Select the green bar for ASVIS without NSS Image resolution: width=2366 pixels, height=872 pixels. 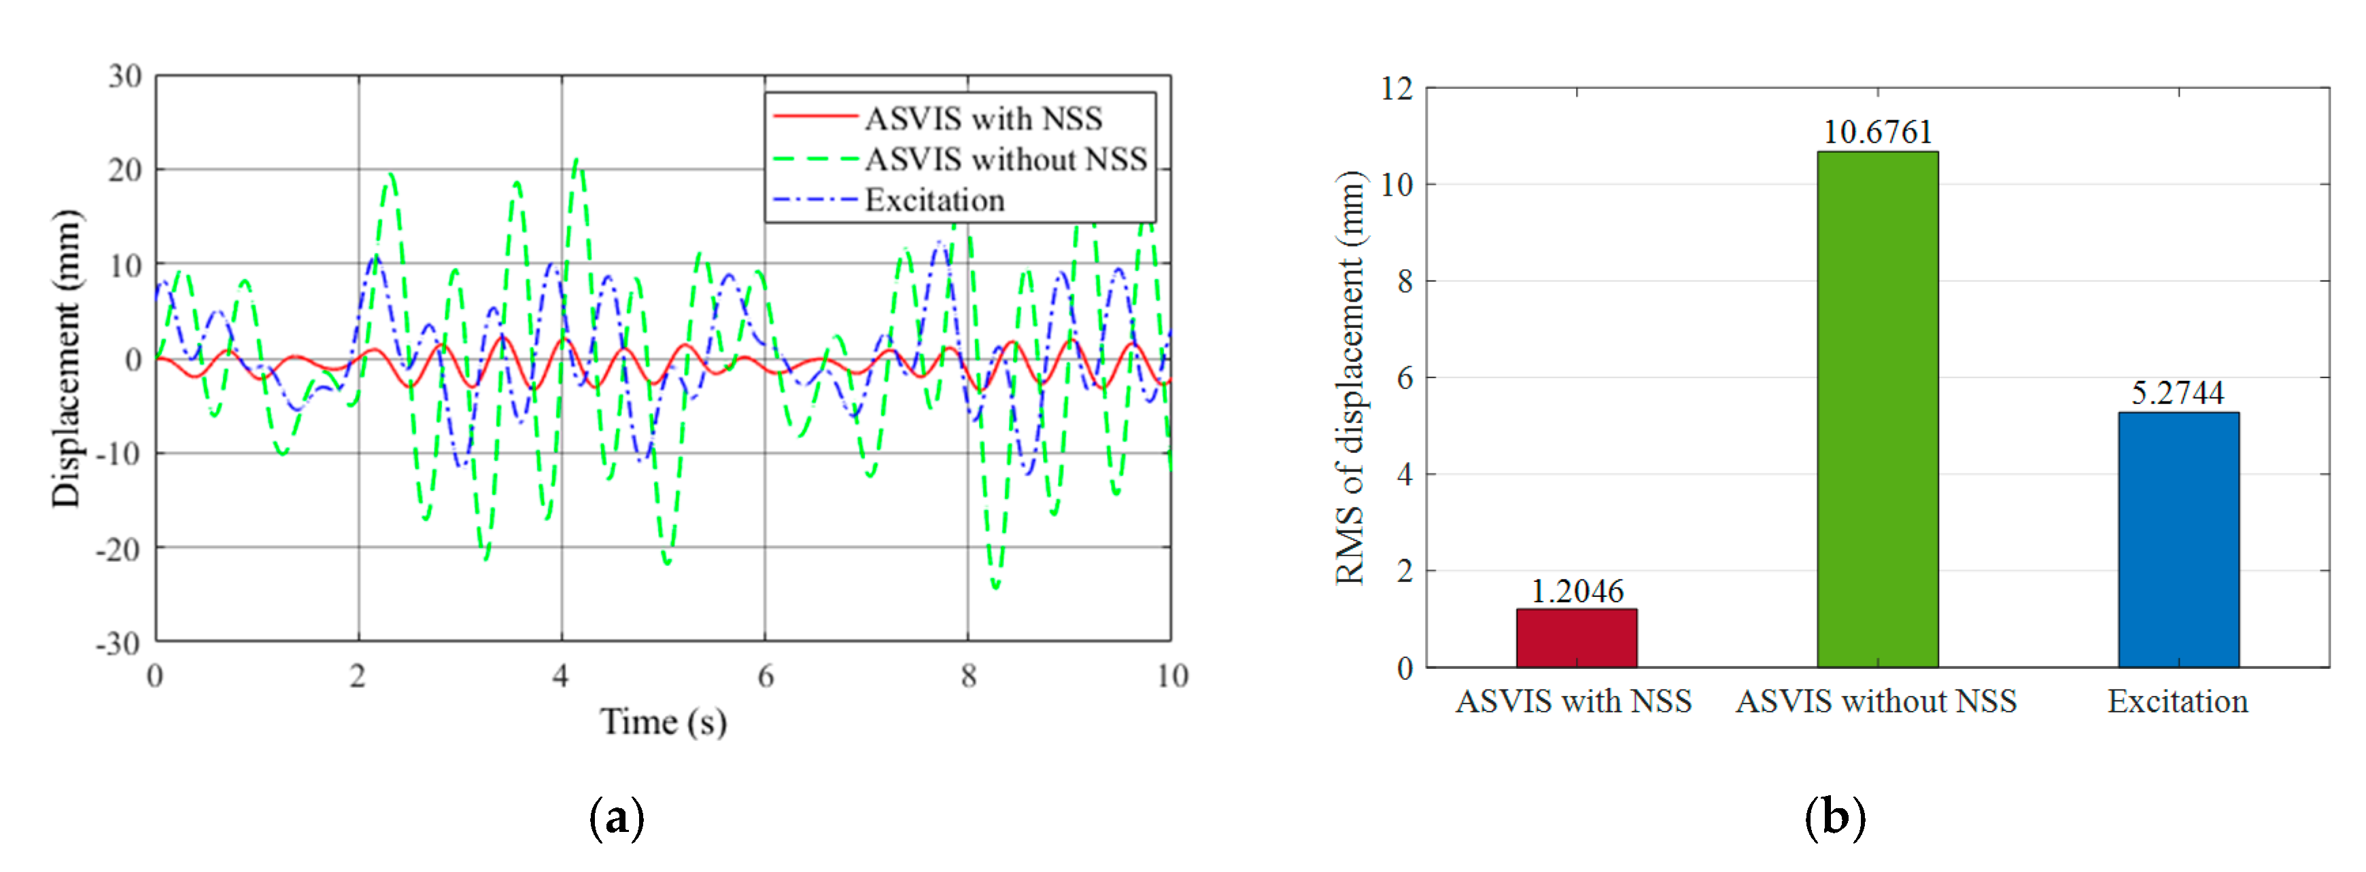click(x=1877, y=410)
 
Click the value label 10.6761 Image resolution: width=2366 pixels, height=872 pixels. click(x=1877, y=132)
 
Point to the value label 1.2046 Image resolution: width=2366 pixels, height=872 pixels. click(x=1576, y=591)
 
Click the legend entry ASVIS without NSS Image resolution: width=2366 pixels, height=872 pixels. click(x=1005, y=160)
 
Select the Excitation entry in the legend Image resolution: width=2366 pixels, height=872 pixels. click(x=934, y=200)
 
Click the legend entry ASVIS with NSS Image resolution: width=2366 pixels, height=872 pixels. click(x=982, y=118)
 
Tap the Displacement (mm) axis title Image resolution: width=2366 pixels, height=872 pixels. click(x=66, y=358)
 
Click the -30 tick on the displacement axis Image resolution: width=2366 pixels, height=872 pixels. click(x=118, y=643)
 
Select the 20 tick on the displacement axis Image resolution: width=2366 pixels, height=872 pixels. click(x=125, y=170)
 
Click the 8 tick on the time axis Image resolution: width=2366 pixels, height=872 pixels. click(x=968, y=676)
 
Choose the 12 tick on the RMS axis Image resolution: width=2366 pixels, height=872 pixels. click(x=1396, y=89)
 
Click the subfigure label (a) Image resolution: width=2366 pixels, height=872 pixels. click(x=616, y=817)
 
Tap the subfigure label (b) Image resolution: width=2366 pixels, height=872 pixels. click(x=1834, y=817)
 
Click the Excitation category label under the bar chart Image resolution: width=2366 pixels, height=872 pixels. click(x=2178, y=702)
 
